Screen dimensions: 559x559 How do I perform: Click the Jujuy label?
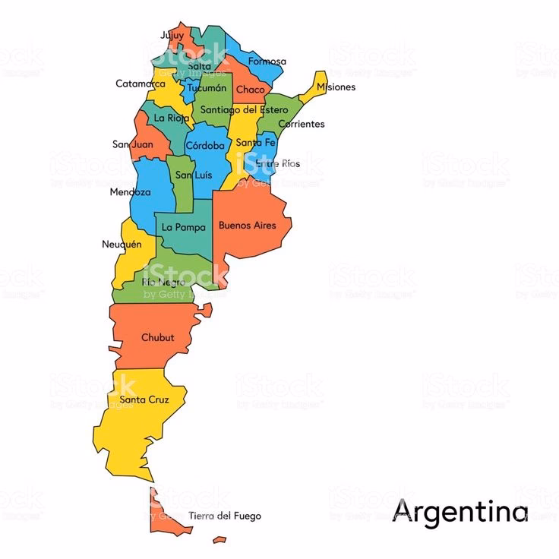(172, 35)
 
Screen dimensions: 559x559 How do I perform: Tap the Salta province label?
(199, 66)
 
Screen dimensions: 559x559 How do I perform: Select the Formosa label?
(267, 61)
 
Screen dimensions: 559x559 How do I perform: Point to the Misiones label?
(336, 87)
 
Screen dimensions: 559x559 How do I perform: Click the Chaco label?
(250, 90)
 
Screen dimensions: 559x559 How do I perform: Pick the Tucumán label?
(207, 87)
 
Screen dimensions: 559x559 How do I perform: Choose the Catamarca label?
(141, 84)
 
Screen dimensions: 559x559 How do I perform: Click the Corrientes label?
(301, 124)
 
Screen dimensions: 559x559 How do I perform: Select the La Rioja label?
(171, 118)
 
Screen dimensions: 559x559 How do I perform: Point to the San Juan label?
(132, 144)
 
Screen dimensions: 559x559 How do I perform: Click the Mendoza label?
(130, 192)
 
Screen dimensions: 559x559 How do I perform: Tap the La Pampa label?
(184, 227)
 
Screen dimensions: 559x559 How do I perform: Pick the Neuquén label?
(122, 244)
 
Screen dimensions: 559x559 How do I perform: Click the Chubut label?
(158, 337)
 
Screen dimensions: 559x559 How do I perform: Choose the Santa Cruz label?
(144, 400)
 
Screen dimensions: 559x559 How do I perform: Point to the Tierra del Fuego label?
(225, 516)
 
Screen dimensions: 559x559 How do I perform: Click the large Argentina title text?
(460, 510)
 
